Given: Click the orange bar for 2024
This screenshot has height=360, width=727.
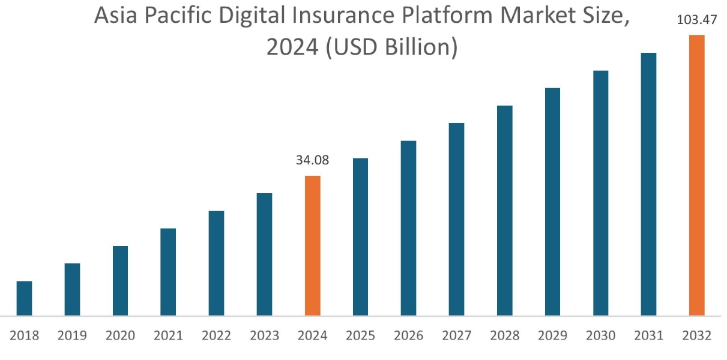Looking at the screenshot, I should [x=312, y=245].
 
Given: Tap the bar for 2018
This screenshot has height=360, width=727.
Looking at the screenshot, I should [x=24, y=298].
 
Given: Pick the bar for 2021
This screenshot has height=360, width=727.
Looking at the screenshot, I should [x=168, y=272].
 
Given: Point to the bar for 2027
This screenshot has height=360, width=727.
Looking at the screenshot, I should [x=456, y=219].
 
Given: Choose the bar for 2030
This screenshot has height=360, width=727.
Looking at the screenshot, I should [x=600, y=193].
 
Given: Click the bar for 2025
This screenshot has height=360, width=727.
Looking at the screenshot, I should [x=360, y=236].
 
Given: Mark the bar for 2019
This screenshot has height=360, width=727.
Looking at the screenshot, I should [x=72, y=289].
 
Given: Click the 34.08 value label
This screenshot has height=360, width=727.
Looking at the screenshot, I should [x=312, y=160].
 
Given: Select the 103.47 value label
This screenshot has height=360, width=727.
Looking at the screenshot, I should [x=696, y=20].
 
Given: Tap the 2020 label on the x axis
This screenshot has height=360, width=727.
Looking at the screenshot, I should [x=120, y=335].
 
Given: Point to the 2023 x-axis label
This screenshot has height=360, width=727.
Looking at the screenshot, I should [x=264, y=335].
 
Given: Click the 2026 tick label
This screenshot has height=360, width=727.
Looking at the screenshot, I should [x=408, y=335].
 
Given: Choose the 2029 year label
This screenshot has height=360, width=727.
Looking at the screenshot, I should [x=552, y=335].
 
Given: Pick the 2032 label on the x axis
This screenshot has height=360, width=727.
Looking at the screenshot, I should [x=696, y=335].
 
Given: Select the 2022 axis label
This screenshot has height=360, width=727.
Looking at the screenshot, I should [x=216, y=335].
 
